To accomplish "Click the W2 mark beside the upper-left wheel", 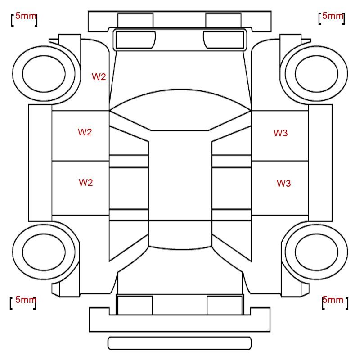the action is (99, 77).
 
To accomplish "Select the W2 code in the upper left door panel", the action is (85, 132).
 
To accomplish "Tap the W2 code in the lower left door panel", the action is (86, 183).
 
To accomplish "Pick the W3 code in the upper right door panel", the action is (280, 133).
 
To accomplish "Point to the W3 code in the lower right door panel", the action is (284, 184).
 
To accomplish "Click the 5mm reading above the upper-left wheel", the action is (26, 16).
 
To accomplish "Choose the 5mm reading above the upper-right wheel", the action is (333, 16).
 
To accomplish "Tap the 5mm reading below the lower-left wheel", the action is (26, 300).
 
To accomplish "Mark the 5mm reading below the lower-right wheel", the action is (333, 300).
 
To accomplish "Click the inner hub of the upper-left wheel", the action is (44, 74).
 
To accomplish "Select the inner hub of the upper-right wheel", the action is (317, 74).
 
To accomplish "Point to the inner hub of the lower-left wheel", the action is (44, 252).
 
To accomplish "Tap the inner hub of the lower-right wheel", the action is (317, 252).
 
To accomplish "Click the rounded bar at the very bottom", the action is (180, 343).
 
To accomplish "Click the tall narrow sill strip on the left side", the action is (40, 163).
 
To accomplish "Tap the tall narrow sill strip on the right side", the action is (320, 163).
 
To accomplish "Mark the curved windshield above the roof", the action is (180, 110).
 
